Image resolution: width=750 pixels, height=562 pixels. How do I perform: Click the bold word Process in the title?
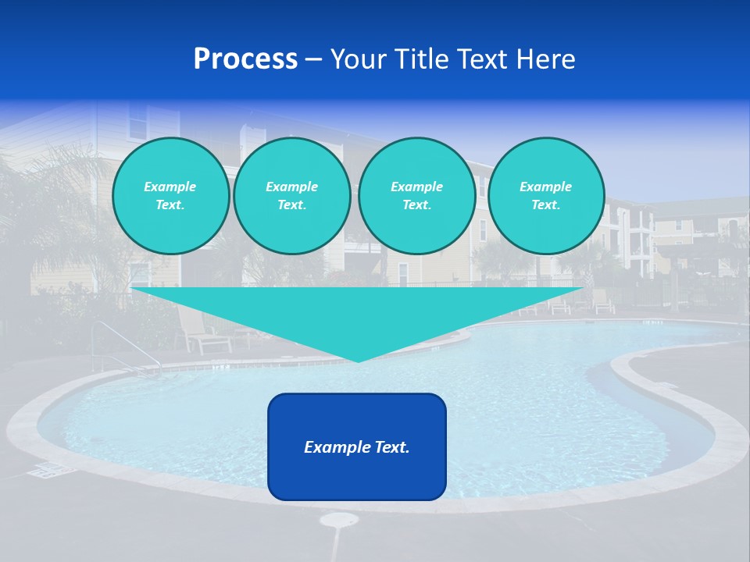245,59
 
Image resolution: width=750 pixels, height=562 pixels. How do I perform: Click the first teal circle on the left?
170,196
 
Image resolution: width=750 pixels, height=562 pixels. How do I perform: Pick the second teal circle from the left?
291,196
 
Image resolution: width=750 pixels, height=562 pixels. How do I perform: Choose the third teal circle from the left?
416,196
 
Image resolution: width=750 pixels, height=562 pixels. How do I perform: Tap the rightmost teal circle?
545,196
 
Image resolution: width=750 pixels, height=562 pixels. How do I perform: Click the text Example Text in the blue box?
357,447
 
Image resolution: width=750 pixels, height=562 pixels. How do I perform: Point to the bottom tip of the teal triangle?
358,360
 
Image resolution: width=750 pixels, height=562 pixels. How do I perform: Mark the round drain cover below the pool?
339,520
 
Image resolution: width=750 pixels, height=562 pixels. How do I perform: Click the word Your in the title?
358,59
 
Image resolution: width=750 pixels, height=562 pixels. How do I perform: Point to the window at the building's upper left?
137,123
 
